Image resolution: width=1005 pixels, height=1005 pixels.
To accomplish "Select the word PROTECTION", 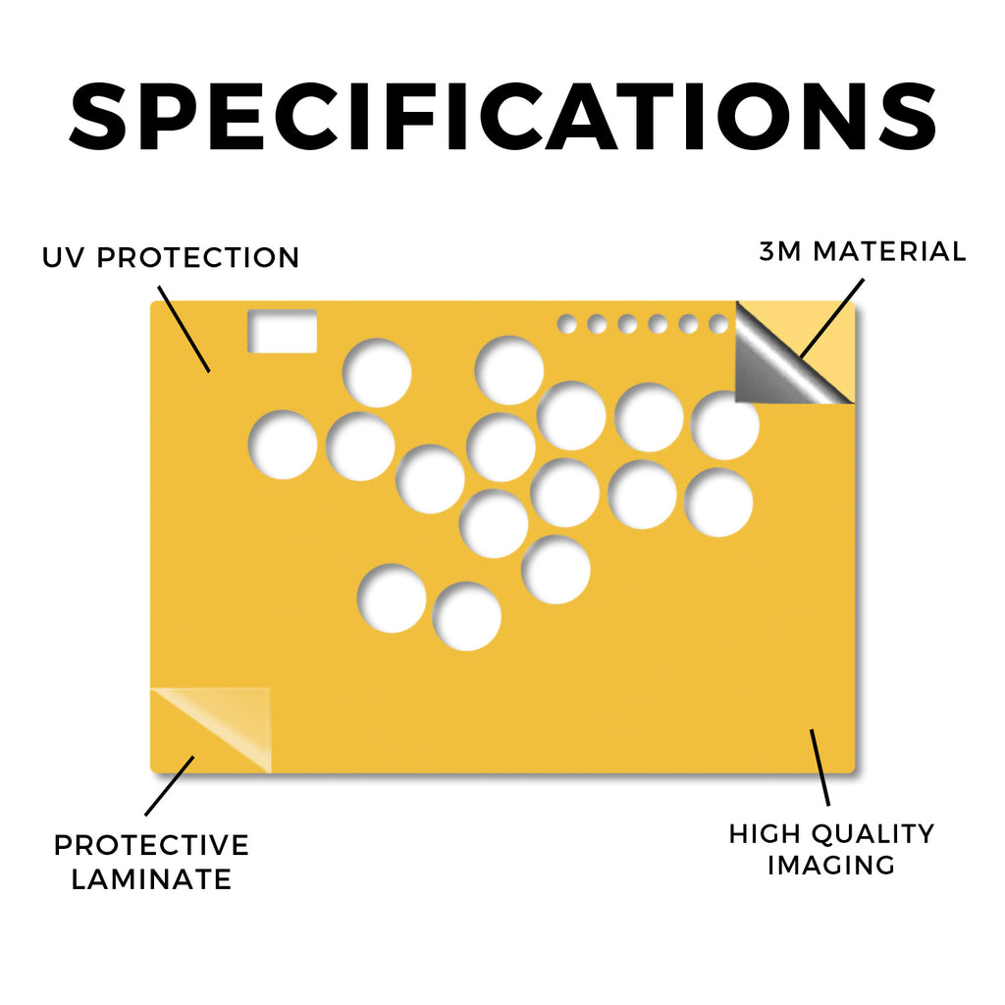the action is point(198,258).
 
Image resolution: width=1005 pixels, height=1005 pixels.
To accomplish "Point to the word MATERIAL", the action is point(889,251).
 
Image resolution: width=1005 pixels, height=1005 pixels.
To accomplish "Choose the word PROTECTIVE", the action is point(151,845).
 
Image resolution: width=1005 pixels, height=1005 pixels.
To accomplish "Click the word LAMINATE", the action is point(151,879).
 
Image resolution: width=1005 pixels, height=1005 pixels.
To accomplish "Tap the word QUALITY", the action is point(873,834).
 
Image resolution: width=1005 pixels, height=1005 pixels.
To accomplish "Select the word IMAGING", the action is point(831,866).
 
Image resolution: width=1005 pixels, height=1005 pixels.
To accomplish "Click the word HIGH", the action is point(765,834).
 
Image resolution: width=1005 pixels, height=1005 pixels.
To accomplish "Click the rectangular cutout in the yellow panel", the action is point(283,331).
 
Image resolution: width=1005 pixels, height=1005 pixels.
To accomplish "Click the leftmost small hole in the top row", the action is point(566,324).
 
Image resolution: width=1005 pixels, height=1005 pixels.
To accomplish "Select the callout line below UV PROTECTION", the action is point(184,329).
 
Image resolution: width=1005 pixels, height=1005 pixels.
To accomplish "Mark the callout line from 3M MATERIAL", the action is point(832,318).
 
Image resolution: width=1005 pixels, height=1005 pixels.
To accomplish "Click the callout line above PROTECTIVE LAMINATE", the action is point(169,786).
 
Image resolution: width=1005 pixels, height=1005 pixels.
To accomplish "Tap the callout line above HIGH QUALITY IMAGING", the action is point(820,767).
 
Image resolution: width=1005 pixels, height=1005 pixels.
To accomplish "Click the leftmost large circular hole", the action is point(283,445).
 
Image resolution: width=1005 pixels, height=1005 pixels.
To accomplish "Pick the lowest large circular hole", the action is point(466,616).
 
